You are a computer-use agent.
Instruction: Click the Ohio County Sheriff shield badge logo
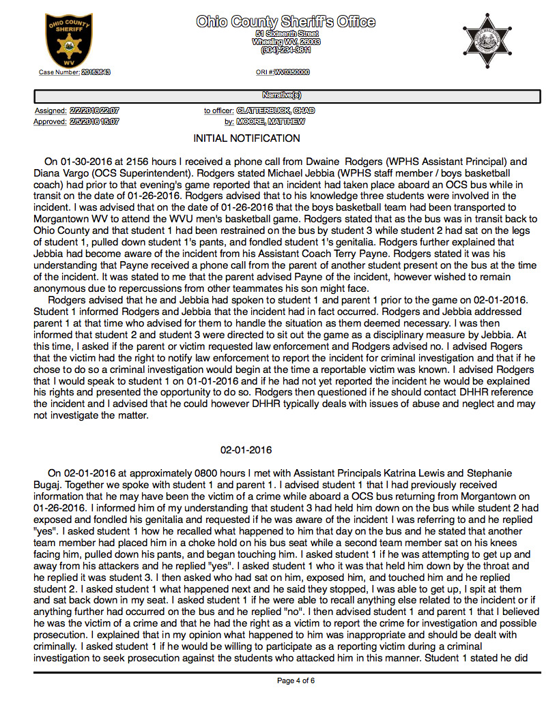click(66, 40)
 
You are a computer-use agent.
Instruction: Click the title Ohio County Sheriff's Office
click(285, 22)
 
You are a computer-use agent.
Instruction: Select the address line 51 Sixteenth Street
click(286, 33)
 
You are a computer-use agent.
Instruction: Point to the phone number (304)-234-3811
click(286, 50)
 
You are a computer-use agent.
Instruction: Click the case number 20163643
click(96, 72)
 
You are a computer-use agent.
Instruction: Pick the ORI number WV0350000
click(292, 72)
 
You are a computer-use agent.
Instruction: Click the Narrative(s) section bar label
click(287, 95)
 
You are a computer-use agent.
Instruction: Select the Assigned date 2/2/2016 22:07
click(94, 110)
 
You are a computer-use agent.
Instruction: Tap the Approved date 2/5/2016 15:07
click(94, 122)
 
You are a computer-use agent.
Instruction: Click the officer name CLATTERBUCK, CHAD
click(276, 110)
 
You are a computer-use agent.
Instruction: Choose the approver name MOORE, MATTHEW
click(271, 122)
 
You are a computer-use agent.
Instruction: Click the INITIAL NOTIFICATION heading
click(247, 138)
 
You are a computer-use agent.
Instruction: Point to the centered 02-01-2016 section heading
click(246, 451)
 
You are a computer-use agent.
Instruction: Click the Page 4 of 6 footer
click(296, 680)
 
